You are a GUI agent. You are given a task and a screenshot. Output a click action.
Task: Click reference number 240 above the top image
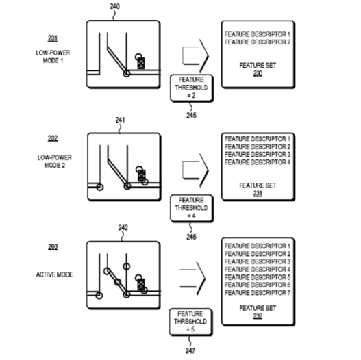pos(114,6)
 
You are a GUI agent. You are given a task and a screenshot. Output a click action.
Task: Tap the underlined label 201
pos(53,38)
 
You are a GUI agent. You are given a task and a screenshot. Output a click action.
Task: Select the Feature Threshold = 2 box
pos(192,88)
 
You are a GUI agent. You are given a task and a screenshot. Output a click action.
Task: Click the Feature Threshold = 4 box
pos(192,208)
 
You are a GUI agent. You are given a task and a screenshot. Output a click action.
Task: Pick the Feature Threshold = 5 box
pos(190,322)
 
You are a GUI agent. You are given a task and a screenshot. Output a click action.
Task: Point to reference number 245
pos(191,115)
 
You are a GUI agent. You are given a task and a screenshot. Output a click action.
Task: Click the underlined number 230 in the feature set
pos(258,73)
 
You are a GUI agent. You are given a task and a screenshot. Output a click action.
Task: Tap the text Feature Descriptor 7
pos(258,293)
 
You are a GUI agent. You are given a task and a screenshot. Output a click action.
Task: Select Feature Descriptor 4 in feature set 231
pos(258,162)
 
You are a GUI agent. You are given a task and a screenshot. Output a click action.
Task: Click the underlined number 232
pos(258,316)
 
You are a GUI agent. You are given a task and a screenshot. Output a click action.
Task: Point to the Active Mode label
pos(55,274)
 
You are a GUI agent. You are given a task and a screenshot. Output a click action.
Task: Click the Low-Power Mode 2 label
pos(55,162)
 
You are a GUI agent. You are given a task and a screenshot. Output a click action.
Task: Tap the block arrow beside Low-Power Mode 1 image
pos(195,56)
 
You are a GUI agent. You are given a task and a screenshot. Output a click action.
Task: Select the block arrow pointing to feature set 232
pos(192,279)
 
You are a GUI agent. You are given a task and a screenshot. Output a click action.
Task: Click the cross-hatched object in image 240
pos(141,63)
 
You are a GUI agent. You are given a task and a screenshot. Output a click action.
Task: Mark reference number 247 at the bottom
pos(190,350)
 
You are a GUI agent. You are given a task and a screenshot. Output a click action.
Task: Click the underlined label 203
pos(53,247)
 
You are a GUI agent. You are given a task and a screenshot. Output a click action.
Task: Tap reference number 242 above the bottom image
pos(123,227)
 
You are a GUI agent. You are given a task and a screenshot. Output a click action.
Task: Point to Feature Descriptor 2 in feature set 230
pos(258,42)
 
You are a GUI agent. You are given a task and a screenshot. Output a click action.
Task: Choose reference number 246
pos(191,237)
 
